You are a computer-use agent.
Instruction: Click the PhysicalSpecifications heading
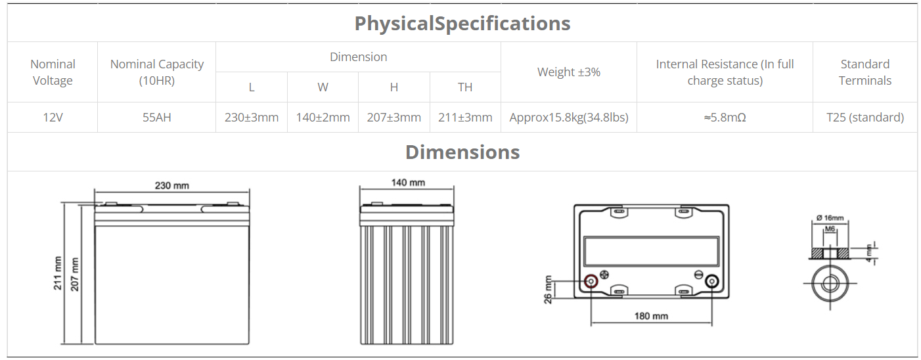click(462, 24)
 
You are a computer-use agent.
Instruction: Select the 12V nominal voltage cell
click(53, 118)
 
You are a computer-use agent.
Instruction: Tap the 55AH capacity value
click(156, 118)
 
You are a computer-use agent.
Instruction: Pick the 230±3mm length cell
click(252, 118)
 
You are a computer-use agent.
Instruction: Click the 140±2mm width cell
click(323, 118)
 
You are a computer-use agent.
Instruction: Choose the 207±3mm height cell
click(394, 118)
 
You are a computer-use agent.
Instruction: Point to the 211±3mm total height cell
click(465, 118)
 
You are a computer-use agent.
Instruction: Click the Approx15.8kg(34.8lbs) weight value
click(569, 118)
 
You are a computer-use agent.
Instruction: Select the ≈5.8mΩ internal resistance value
click(725, 118)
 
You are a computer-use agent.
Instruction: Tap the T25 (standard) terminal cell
click(865, 118)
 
